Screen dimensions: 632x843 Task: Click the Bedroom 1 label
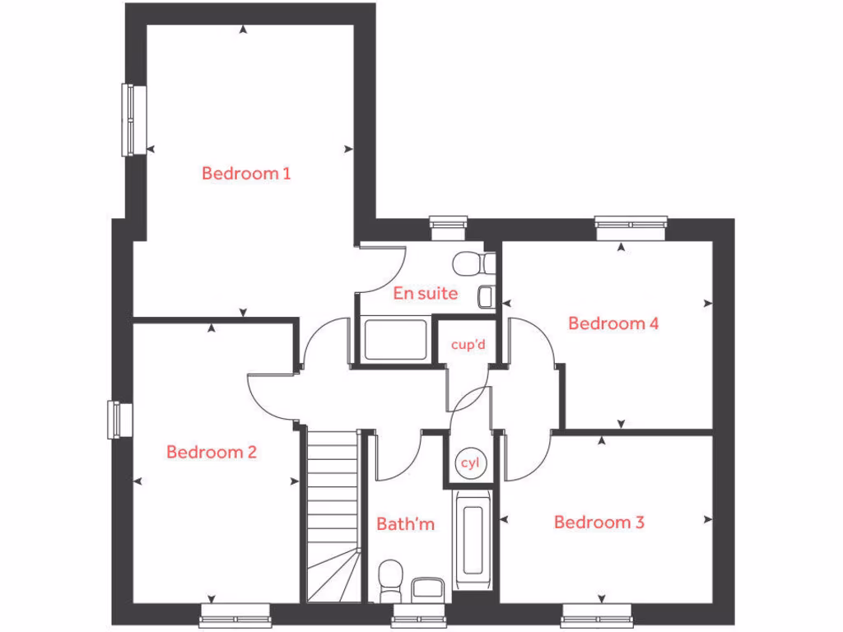click(x=246, y=174)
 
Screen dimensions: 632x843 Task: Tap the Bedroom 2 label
click(x=212, y=452)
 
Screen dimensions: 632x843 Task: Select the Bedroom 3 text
click(x=598, y=523)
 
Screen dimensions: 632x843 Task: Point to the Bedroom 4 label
click(x=613, y=323)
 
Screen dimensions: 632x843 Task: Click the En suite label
click(x=425, y=293)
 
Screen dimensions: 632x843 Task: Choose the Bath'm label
click(x=405, y=523)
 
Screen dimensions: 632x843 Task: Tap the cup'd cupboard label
click(x=468, y=345)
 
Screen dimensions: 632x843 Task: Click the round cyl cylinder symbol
click(x=470, y=463)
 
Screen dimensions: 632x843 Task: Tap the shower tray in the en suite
click(x=396, y=338)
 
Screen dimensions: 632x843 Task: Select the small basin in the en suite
click(x=487, y=295)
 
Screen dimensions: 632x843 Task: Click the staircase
click(x=333, y=514)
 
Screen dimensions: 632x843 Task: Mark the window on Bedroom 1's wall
click(x=130, y=119)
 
